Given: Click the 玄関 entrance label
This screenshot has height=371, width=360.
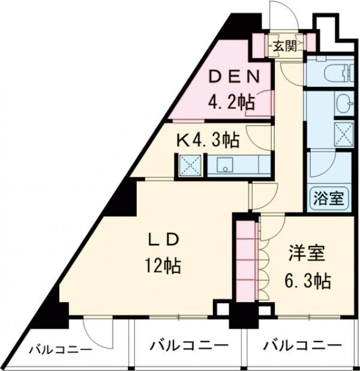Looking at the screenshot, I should point(285,47).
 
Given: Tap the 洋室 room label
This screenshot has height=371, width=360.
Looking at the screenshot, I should point(307,254).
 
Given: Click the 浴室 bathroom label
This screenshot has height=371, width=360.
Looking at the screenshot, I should point(329,198).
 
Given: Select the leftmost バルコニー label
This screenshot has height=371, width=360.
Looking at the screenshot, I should point(60,351).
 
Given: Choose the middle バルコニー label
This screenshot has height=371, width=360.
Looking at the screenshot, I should point(189,346).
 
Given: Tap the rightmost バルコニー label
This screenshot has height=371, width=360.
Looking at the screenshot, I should point(302,346).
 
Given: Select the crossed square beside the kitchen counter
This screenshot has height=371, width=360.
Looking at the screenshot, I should point(189,165).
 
